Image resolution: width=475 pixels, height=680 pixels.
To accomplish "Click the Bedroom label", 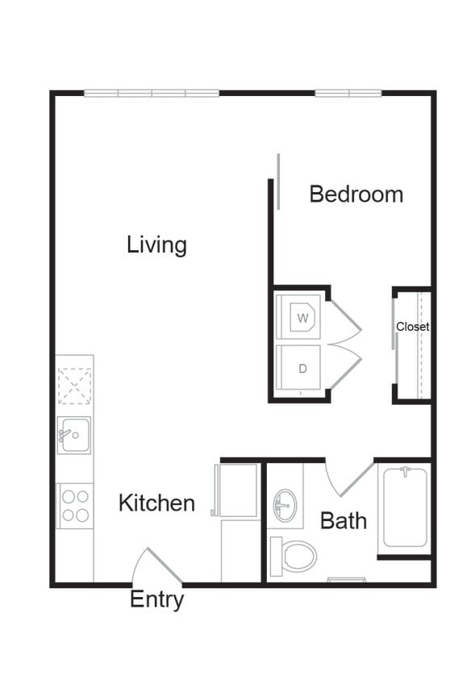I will pos(356,194).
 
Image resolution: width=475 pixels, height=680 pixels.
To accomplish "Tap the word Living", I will pos(156,244).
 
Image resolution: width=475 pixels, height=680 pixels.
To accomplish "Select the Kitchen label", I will pos(156,503).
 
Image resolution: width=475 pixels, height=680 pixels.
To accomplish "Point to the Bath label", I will pos(344,520).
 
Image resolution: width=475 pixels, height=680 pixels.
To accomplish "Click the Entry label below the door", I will pos(156,600).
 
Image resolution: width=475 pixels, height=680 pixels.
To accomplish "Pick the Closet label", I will pos(412,327).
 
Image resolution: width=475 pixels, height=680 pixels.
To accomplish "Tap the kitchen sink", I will pos(73,436).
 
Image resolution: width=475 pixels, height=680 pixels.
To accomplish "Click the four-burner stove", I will pos(74,506).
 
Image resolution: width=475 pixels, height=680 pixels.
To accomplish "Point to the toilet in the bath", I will pos(295,555).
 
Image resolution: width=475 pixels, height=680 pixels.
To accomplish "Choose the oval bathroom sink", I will pos(284,506).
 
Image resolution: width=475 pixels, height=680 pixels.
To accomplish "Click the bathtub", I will pos(405,507).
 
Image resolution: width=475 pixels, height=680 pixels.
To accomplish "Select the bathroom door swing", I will pos(345,479).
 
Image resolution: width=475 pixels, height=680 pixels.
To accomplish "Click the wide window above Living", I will pos(152,94).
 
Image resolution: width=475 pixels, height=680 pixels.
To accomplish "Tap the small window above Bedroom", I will pos(348,94).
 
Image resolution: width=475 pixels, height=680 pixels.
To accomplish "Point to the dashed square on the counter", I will pos(74,386).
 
